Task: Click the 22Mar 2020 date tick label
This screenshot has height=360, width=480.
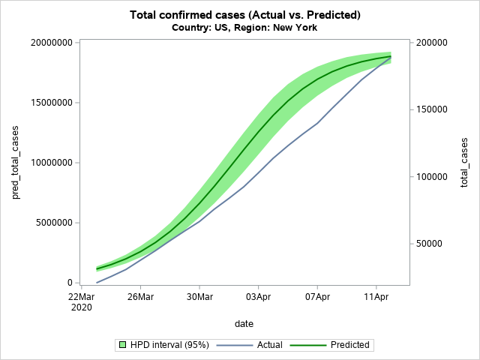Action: [81, 303]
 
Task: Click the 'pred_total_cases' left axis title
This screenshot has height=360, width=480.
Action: [16, 163]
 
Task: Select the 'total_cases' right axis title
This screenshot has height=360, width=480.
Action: [465, 163]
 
